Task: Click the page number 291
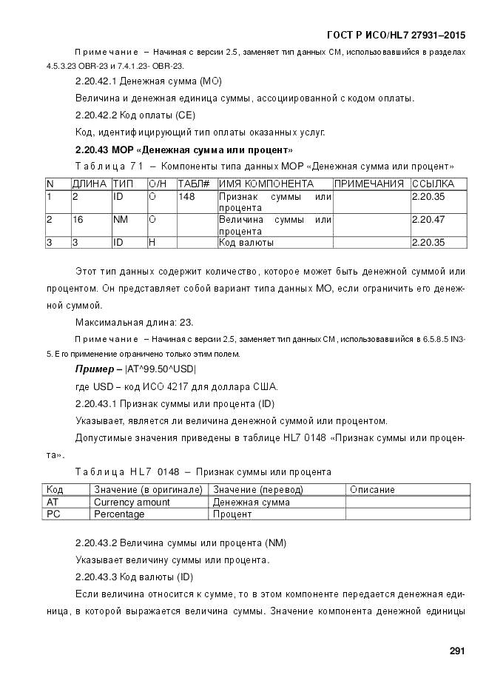[x=456, y=651]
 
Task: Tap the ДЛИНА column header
[x=90, y=184]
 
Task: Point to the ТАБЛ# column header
[x=194, y=184]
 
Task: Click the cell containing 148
[x=186, y=197]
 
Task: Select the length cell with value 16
[x=78, y=220]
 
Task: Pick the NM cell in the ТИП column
[x=120, y=220]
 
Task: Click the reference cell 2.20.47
[x=428, y=220]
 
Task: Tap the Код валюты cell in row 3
[x=246, y=242]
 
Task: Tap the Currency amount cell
[x=132, y=502]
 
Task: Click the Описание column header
[x=372, y=489]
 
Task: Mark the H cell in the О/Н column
[x=152, y=242]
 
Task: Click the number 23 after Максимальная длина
[x=187, y=321]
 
